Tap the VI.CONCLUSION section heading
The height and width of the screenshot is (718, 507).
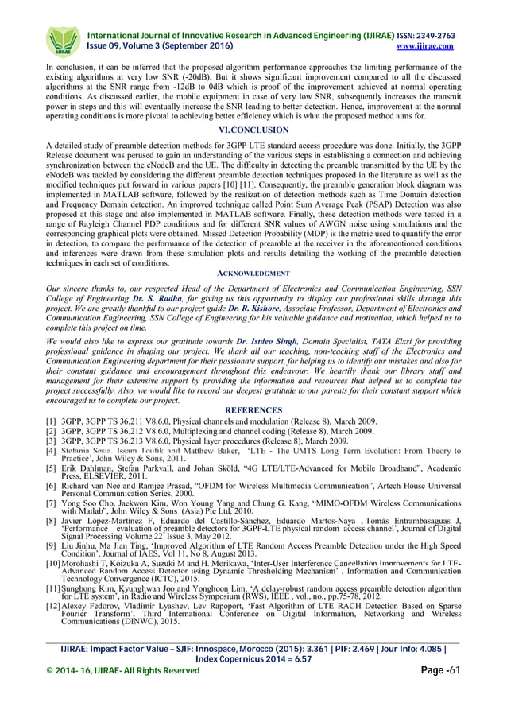(253, 130)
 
